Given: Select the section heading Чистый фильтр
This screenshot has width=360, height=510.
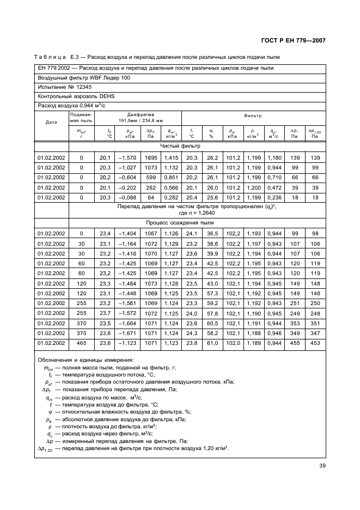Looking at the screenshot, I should tap(180, 146).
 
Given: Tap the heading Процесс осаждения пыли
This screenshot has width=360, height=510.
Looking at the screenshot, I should tap(180, 222).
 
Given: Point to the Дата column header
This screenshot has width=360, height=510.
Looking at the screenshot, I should tap(51, 123).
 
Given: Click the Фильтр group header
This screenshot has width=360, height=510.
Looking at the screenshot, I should tap(253, 116).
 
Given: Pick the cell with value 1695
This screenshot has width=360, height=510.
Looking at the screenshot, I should tap(151, 157).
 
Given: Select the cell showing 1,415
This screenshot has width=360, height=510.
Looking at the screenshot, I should tap(171, 157).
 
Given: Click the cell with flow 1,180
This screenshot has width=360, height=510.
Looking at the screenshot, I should tap(273, 157).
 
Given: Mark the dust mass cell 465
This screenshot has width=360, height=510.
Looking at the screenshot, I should tap(82, 343).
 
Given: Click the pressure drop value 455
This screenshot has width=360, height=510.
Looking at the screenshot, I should tap(295, 343).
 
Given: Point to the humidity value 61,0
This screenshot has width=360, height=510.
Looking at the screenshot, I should tap(212, 343).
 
